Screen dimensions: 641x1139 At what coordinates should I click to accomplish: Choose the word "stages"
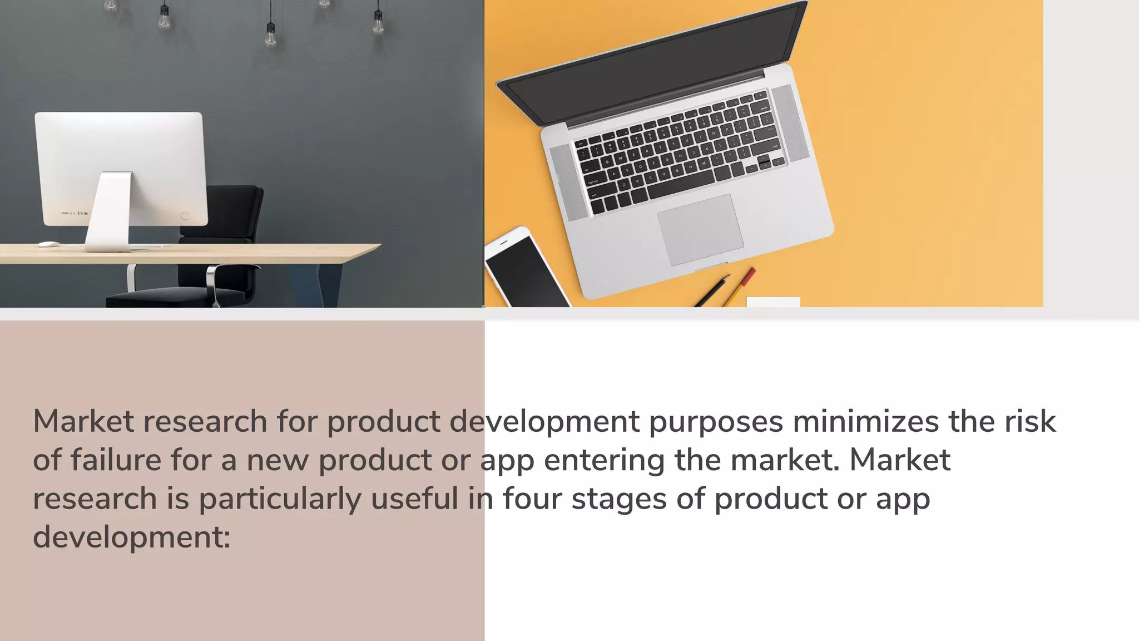(x=618, y=499)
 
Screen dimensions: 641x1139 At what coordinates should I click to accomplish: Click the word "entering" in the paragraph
(x=604, y=461)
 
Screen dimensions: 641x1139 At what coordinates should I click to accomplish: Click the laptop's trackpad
(x=700, y=229)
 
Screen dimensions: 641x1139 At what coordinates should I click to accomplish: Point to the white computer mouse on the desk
(x=48, y=244)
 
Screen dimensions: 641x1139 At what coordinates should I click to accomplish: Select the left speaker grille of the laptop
(x=568, y=181)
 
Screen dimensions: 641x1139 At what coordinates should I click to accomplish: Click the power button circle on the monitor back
(x=185, y=216)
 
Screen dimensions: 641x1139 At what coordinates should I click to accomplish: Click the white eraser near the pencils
(x=772, y=302)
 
